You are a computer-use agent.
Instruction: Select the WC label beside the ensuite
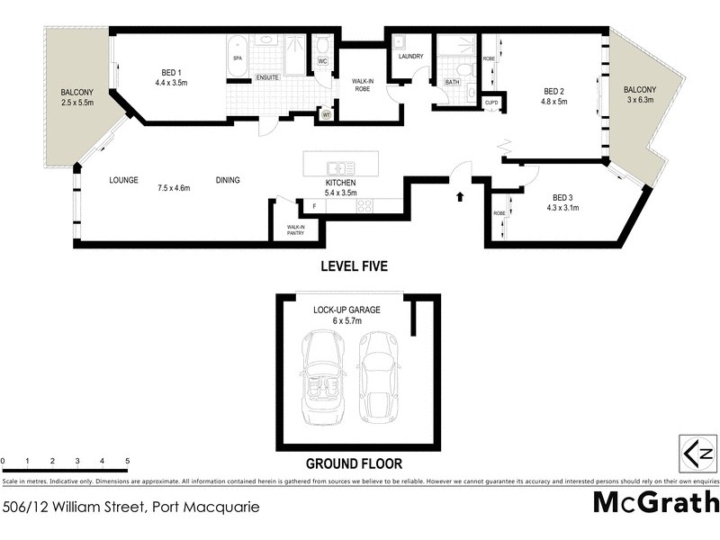tap(322, 61)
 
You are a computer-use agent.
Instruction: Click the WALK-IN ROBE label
tap(363, 85)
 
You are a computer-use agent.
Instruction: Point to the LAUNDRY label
tap(410, 57)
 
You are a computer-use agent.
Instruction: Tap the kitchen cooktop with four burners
tap(365, 206)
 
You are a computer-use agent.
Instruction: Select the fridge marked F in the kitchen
tap(313, 206)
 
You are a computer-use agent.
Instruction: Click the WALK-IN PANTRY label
tap(295, 230)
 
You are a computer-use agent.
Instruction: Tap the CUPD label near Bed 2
tap(491, 103)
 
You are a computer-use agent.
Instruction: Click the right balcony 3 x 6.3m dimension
tap(641, 101)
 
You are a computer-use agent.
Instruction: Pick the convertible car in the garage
tap(324, 376)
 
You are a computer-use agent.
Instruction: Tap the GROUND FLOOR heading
tap(354, 464)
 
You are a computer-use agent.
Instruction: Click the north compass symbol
tap(697, 453)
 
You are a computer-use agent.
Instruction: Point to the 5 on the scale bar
tap(128, 461)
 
